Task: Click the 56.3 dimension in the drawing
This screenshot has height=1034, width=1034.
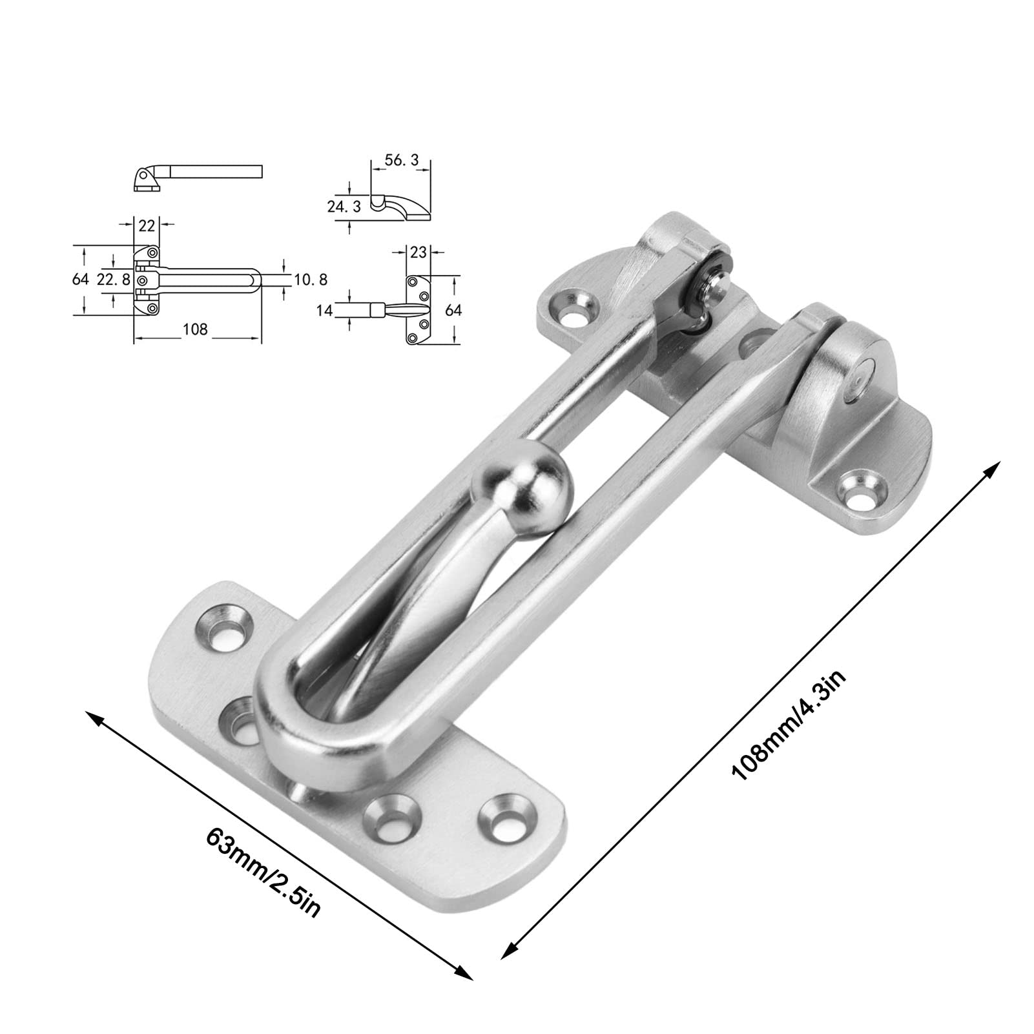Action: coord(400,160)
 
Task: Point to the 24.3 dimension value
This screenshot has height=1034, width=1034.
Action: coord(344,206)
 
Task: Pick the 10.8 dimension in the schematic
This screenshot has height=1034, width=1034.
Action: coord(311,279)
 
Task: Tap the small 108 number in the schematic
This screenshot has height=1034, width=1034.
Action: coord(195,329)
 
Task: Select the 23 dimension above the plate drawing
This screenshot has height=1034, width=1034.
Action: coord(419,252)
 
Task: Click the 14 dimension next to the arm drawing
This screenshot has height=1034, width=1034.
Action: coord(325,310)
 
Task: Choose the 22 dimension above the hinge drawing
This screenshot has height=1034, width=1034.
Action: coord(147,225)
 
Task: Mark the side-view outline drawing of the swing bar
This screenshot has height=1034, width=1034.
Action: coord(197,176)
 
